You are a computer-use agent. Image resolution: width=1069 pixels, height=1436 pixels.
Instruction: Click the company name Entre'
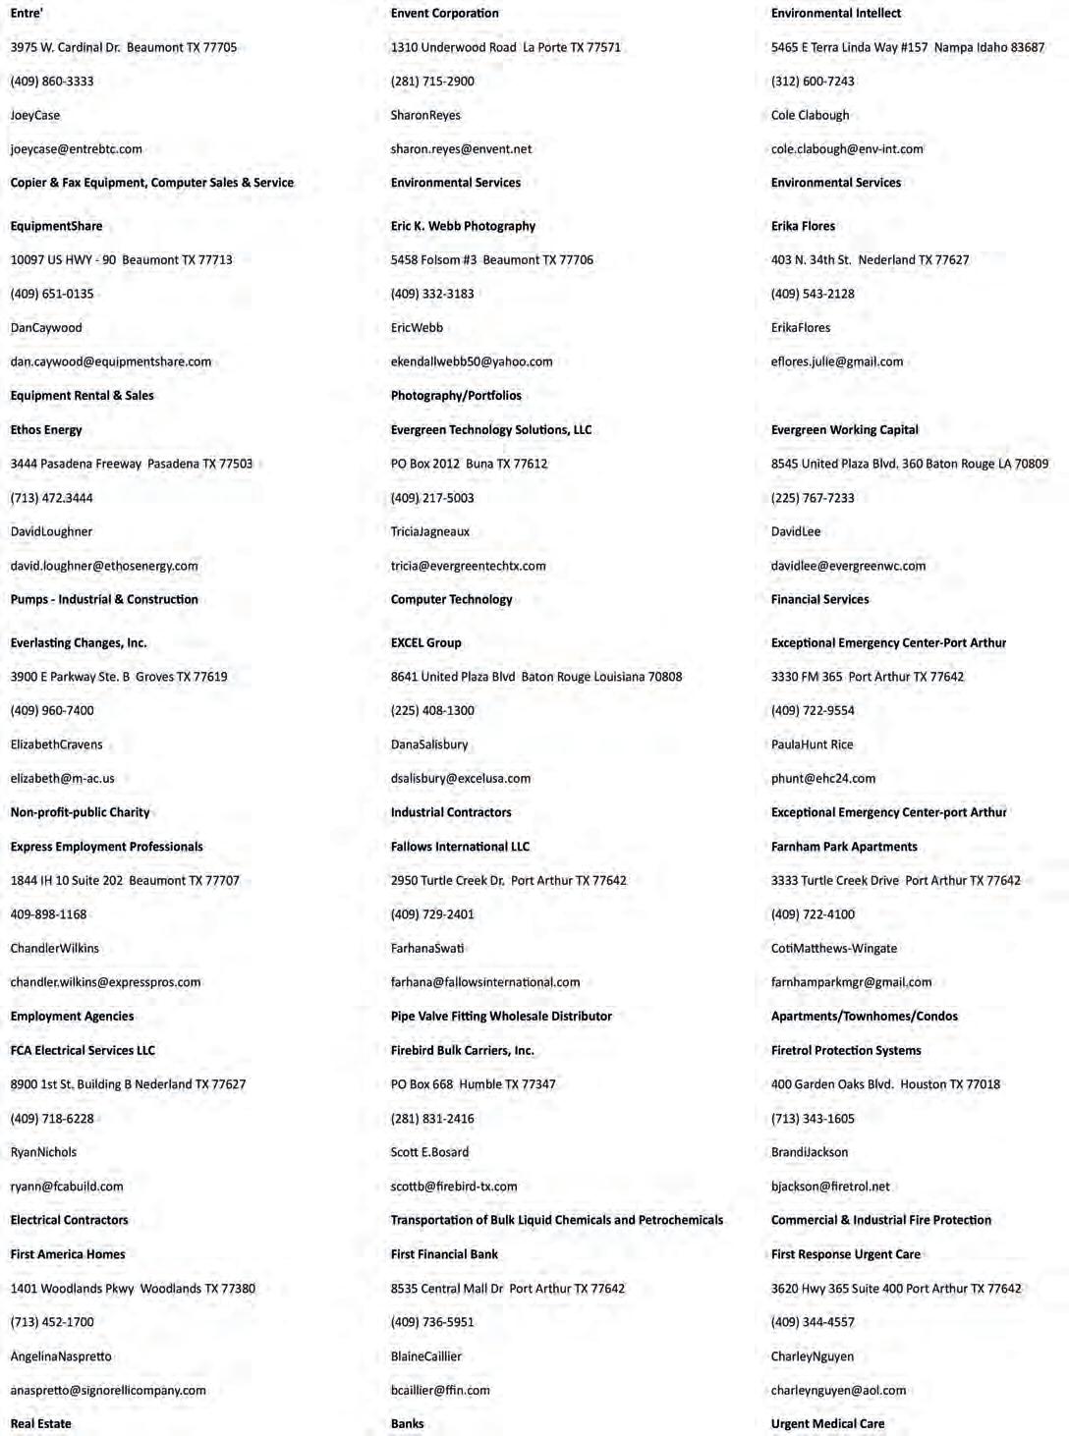click(x=27, y=14)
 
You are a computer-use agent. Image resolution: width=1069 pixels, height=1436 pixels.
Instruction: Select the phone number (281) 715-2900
click(x=432, y=82)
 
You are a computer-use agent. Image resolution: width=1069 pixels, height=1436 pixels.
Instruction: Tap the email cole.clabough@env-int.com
click(x=847, y=149)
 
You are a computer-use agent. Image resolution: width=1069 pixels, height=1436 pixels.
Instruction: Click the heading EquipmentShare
click(x=56, y=226)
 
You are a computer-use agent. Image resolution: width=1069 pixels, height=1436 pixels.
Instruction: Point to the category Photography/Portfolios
click(x=456, y=396)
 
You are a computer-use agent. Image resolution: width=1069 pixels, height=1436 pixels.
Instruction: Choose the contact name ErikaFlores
click(x=801, y=328)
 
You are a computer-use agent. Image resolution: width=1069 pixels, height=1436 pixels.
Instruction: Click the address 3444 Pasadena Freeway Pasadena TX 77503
click(x=132, y=464)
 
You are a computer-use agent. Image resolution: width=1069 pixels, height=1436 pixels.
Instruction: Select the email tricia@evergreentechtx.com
click(x=469, y=566)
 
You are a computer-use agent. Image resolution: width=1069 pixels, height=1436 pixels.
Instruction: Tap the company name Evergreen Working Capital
click(x=845, y=430)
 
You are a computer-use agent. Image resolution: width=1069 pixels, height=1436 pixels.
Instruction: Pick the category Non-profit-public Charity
click(x=81, y=812)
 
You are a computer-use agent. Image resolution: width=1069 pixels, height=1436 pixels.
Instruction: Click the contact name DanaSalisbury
click(x=429, y=745)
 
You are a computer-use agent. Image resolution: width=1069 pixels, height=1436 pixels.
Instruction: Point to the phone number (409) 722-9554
click(x=813, y=711)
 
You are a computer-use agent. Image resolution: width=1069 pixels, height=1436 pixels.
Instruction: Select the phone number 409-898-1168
click(x=49, y=914)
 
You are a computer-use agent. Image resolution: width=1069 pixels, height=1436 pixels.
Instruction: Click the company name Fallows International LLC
click(x=460, y=847)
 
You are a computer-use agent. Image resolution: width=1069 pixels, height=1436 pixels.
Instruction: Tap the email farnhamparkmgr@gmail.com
click(x=852, y=982)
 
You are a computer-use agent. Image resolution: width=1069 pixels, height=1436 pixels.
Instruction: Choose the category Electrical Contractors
click(x=70, y=1220)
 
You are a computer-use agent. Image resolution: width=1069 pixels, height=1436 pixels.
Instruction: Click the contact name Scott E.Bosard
click(x=429, y=1152)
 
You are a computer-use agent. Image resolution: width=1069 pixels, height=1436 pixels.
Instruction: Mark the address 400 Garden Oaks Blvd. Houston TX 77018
click(x=885, y=1084)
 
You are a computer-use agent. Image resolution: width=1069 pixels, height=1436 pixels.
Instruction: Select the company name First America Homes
click(x=68, y=1254)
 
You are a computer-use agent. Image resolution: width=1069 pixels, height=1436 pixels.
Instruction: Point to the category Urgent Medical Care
click(x=827, y=1424)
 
